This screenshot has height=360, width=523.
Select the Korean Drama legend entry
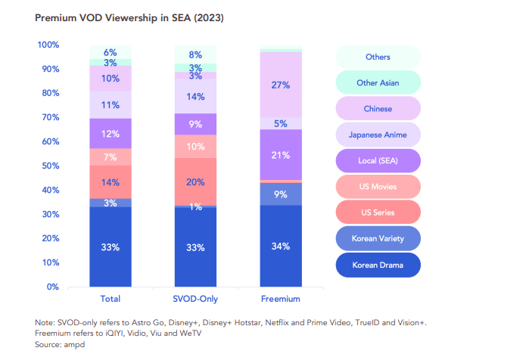point(378,265)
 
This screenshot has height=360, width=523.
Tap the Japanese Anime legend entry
point(378,135)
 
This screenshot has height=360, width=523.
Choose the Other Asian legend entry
point(378,83)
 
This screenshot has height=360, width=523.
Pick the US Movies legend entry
point(378,187)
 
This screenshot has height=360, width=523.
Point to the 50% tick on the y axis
point(48,166)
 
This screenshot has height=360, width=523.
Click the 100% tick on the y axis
point(47,45)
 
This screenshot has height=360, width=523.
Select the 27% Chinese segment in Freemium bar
point(281,85)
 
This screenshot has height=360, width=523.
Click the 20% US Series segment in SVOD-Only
point(195,182)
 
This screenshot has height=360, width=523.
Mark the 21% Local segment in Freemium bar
point(281,155)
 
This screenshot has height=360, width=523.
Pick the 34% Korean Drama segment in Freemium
point(281,246)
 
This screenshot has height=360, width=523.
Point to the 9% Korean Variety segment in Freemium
point(281,194)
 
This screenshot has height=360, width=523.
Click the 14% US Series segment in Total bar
point(111,182)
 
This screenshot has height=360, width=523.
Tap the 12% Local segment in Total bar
point(111,133)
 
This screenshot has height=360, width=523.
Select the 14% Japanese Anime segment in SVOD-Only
point(195,97)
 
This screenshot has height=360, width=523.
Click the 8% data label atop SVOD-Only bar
point(195,54)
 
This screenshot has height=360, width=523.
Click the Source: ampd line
point(60,344)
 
